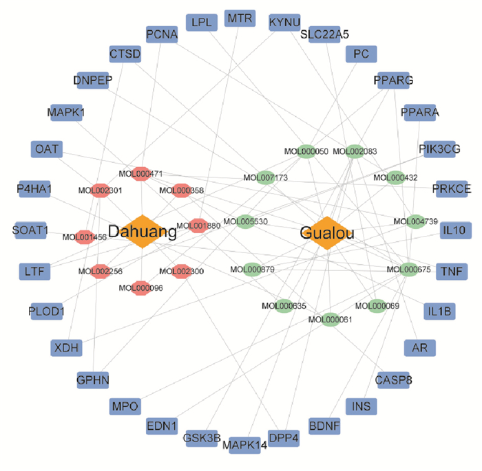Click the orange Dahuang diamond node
[x=141, y=232]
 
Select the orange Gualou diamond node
[x=327, y=234]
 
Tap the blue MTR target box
[x=240, y=18]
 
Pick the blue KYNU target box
[x=284, y=23]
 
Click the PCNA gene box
[x=162, y=34]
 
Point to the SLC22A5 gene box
[x=324, y=34]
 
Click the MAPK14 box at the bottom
[x=244, y=445]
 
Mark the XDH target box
[x=67, y=348]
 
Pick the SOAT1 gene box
[x=30, y=230]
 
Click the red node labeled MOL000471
[x=141, y=174]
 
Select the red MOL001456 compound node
[x=84, y=237]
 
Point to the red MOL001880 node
[x=198, y=225]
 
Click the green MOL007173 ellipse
[x=265, y=177]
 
